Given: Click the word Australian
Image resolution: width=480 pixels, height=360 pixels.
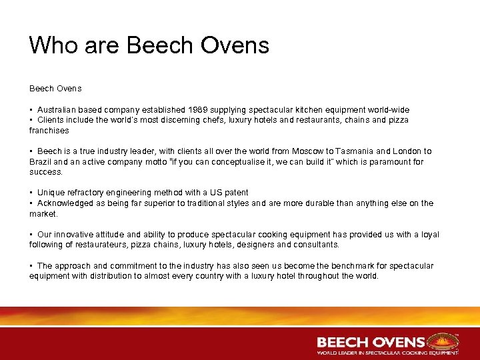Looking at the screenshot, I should (57, 109).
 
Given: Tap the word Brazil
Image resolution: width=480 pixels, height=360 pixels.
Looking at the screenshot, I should (41, 162).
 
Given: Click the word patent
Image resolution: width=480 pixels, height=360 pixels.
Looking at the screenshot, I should (235, 193).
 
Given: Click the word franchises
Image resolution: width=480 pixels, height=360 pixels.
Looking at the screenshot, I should (49, 131).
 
